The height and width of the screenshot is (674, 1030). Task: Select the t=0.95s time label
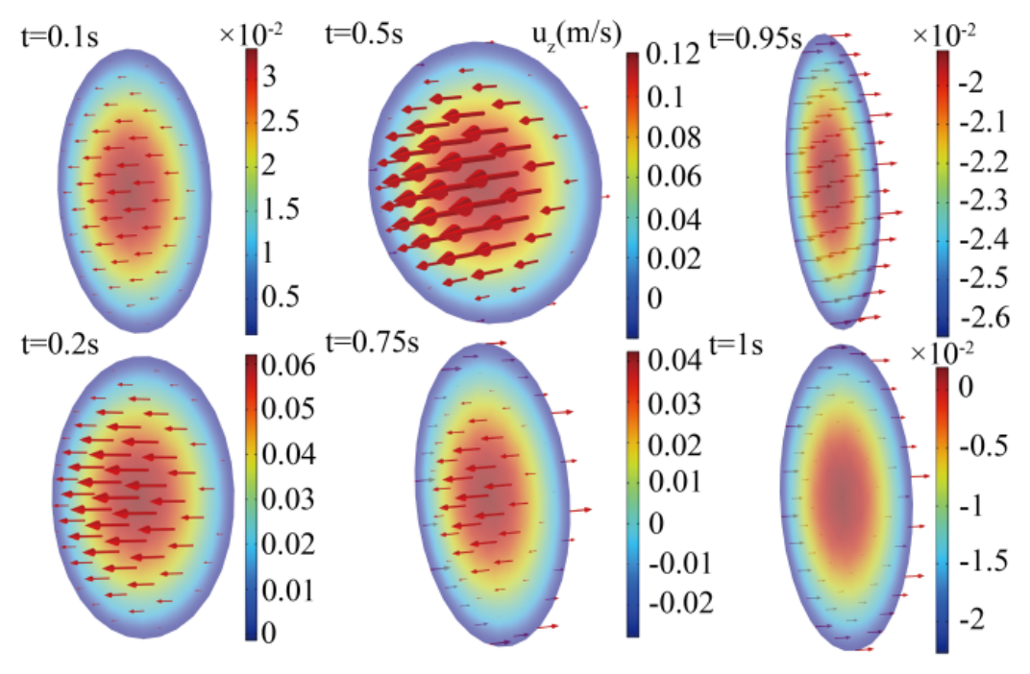[x=756, y=38]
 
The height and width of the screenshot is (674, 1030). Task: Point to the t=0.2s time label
[x=60, y=343]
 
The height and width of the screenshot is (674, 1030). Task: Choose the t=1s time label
[x=736, y=344]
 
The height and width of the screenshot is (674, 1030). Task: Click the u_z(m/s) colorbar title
[x=576, y=35]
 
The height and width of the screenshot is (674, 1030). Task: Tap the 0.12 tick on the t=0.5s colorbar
[x=673, y=55]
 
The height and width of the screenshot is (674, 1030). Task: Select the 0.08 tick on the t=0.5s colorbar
[x=674, y=137]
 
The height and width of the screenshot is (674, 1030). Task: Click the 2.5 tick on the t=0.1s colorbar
[x=281, y=120]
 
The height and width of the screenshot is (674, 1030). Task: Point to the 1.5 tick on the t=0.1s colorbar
[x=281, y=208]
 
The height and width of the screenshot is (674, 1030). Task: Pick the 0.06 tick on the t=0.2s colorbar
[x=288, y=365]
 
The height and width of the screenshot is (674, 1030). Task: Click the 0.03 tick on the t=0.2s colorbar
[x=288, y=498]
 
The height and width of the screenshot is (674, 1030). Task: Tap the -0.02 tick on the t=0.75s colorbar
[x=680, y=602]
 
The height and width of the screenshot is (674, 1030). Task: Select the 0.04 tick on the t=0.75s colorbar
[x=674, y=360]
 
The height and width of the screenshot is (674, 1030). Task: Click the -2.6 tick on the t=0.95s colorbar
[x=983, y=317]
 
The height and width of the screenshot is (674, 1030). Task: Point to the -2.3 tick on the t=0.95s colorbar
[x=983, y=200]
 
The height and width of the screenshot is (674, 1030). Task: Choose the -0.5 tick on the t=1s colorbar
[x=983, y=445]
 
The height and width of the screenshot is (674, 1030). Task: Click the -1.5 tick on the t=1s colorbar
[x=983, y=561]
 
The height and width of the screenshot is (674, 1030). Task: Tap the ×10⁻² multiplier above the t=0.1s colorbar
[x=251, y=35]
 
